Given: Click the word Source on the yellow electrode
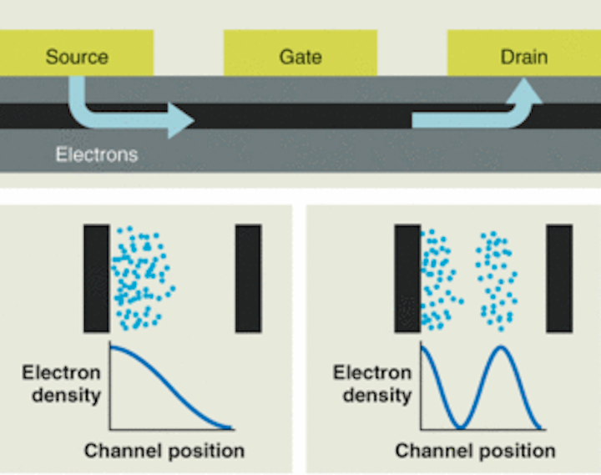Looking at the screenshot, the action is coord(77,57).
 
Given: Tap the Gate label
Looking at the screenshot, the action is coord(300,57).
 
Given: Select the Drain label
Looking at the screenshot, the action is coord(524,57).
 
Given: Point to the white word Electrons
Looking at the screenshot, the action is coord(97,154).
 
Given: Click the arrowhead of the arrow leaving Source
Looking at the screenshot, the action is coord(179,120).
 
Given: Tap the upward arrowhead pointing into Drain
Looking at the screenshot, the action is coord(524,90).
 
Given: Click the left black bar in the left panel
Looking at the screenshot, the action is coord(96,278).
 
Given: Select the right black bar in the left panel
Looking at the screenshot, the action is coord(249,278).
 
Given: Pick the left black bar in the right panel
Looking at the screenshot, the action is coord(407,278).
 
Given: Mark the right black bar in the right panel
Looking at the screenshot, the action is coord(559,278).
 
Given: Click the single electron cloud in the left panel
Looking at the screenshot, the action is coord(143,278).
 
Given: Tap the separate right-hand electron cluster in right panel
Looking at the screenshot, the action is coord(497,280).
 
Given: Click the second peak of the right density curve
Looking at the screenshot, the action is coord(501,347).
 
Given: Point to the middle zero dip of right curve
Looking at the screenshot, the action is coord(460,427).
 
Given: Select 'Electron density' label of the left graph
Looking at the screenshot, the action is coord(61,384).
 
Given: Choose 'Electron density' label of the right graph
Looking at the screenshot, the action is coord(372,384).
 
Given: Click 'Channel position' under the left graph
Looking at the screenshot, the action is coord(164,451).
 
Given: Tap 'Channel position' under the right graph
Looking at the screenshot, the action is coord(475,451).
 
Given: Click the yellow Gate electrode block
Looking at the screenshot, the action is coord(300,53).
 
